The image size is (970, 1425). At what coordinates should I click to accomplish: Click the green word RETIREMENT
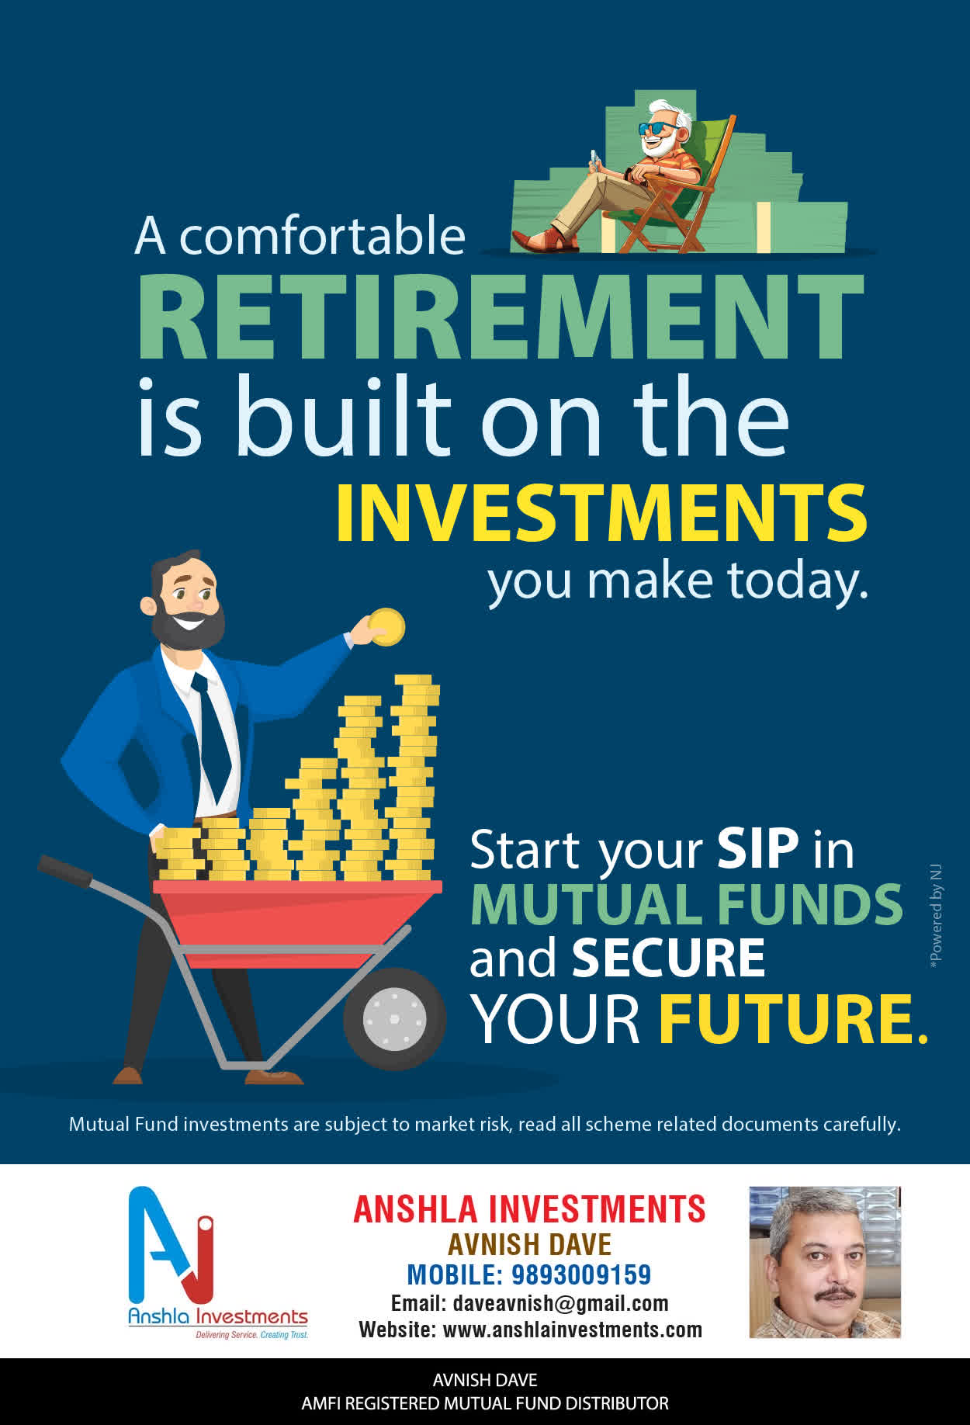501,317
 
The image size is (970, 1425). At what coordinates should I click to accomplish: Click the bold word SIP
757,848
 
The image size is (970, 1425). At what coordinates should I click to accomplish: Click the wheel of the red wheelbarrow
394,1018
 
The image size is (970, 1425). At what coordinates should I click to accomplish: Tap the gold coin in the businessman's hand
386,627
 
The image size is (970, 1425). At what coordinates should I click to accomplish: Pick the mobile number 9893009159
581,1274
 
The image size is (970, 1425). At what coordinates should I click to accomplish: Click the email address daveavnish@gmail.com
560,1303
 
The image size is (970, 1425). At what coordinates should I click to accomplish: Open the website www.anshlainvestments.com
572,1330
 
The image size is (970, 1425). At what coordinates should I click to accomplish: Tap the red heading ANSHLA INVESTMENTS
529,1209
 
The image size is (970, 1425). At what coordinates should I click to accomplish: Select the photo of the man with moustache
824,1262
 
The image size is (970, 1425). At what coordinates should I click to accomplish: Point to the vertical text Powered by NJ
936,916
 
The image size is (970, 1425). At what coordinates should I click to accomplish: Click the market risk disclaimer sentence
484,1124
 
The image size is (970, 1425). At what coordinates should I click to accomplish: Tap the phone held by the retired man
595,158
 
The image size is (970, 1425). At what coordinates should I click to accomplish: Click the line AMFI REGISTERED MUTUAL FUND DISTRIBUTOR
485,1403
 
